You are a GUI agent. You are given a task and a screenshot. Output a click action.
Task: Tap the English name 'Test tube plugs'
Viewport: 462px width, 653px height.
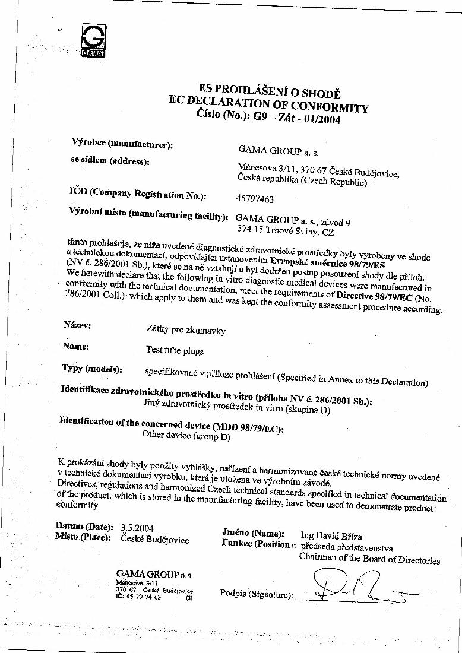click(x=175, y=350)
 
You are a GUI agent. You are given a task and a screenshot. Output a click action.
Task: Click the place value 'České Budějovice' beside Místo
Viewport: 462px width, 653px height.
click(x=154, y=539)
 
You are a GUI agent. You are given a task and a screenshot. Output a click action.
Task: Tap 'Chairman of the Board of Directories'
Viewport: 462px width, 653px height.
click(x=369, y=560)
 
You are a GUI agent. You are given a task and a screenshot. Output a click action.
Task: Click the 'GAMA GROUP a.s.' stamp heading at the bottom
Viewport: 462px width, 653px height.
click(x=155, y=575)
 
